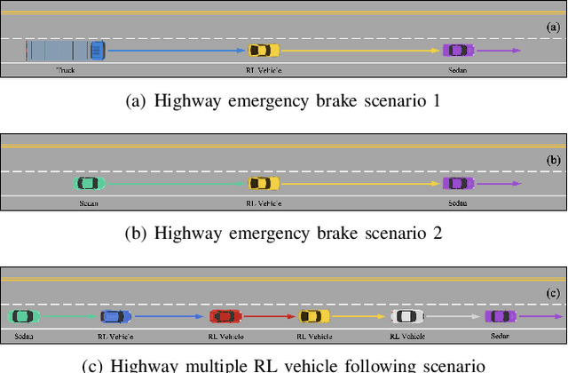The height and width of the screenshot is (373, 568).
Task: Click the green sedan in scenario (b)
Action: (x=88, y=184)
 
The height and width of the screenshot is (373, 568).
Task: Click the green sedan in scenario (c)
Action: (x=22, y=316)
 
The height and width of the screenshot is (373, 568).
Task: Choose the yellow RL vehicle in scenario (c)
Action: (x=314, y=316)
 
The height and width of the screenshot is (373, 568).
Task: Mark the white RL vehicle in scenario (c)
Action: (x=405, y=316)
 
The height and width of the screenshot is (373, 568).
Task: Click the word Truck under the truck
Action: (x=67, y=69)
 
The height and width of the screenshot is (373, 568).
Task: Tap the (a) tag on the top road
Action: (x=552, y=28)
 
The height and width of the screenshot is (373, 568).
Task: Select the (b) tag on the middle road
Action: (x=552, y=161)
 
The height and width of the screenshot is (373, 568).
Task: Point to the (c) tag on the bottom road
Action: (x=552, y=292)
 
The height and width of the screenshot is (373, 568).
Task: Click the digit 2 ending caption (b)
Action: (x=438, y=234)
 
